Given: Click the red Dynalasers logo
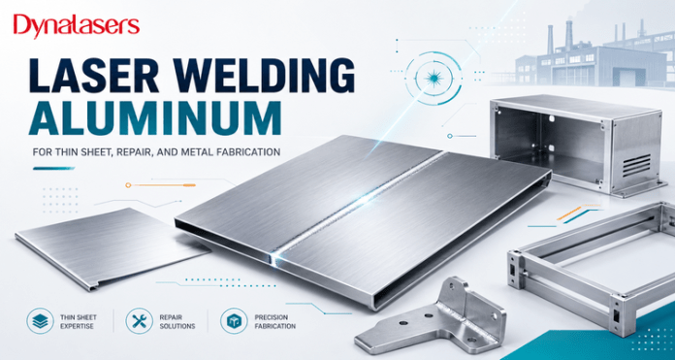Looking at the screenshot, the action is (x=77, y=26).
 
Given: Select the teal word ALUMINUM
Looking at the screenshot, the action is (x=154, y=118).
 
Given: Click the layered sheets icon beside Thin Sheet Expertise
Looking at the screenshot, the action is (x=40, y=320).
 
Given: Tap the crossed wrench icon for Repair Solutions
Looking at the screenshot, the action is (x=139, y=320).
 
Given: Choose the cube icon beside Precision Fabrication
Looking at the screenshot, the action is (x=234, y=320).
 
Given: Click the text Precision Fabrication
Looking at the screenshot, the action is (x=275, y=322).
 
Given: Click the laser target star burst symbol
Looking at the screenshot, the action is (x=433, y=78).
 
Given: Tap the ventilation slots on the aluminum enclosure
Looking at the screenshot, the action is (x=636, y=165).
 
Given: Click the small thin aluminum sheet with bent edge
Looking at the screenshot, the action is (x=112, y=247).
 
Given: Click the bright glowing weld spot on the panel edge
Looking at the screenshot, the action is (x=275, y=257).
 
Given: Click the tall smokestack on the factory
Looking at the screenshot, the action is (x=568, y=36).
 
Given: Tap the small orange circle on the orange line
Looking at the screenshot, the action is (x=128, y=185).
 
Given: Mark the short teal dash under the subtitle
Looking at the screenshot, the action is (x=53, y=168).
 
